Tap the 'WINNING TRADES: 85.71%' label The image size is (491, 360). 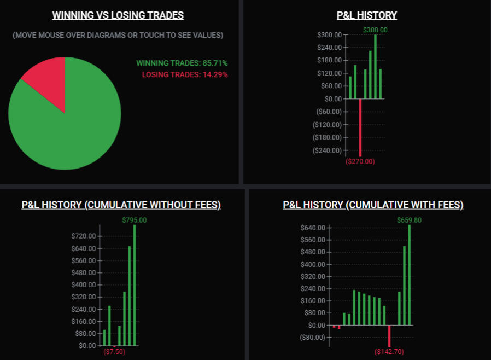[182, 63]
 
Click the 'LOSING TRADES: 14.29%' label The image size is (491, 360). [185, 74]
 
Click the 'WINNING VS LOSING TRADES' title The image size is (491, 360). [118, 15]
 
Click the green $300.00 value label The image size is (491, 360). [375, 30]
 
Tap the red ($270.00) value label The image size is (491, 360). [360, 161]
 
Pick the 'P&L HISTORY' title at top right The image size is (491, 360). [367, 15]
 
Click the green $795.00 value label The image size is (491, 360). [135, 220]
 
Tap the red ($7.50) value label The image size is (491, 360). [114, 351]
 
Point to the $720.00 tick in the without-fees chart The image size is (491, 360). [84, 236]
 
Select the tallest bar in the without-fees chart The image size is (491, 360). [135, 284]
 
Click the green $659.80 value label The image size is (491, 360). [410, 220]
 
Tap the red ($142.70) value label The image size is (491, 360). [389, 351]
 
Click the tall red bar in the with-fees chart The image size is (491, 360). [389, 335]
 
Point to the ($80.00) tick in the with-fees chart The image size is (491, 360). [313, 337]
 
